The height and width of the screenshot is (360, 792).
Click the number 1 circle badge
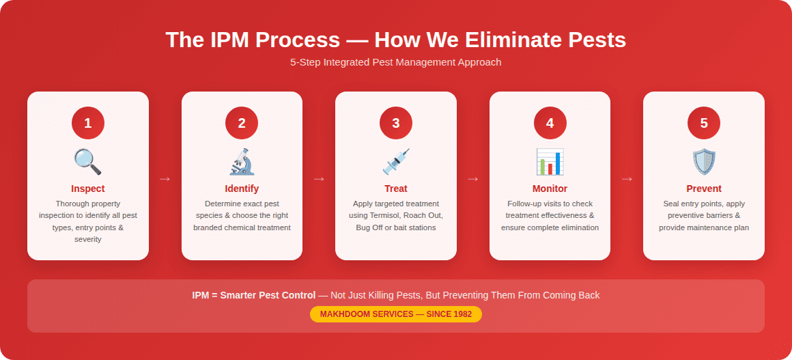[x=87, y=124]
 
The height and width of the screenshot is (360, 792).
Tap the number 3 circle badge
[x=396, y=124]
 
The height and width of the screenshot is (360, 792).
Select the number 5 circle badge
[x=704, y=124]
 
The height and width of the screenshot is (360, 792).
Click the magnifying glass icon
[x=87, y=162]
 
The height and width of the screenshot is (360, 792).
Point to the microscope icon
[x=242, y=162]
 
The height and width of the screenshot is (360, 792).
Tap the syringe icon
[x=396, y=162]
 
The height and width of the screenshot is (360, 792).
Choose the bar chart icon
[x=550, y=162]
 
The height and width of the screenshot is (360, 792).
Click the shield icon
[x=704, y=162]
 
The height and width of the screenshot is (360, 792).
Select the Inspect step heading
[x=88, y=189]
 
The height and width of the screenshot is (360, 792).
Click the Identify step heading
[x=242, y=189]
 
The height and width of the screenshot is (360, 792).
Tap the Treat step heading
[x=396, y=189]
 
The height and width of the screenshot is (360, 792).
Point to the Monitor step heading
[x=550, y=189]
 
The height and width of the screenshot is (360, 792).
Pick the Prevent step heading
[x=704, y=189]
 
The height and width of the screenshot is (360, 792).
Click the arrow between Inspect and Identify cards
[x=165, y=179]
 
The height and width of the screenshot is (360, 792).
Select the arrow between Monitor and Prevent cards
[x=627, y=179]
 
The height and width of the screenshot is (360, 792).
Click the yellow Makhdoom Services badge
[x=396, y=314]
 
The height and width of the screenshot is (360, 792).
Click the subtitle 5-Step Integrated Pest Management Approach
[x=396, y=62]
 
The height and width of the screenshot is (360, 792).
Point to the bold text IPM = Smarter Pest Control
[x=253, y=295]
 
